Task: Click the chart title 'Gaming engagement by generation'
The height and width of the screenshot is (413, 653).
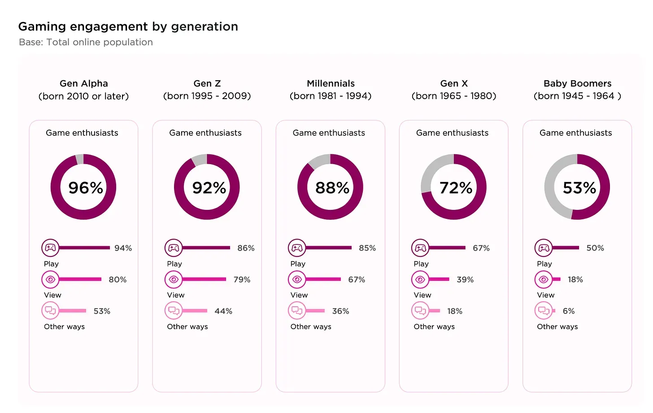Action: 128,27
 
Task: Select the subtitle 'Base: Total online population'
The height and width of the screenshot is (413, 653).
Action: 86,42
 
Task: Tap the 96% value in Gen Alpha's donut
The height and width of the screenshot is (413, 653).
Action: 85,187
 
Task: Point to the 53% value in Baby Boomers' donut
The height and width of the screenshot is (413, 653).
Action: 579,187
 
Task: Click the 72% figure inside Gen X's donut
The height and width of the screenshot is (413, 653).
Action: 456,187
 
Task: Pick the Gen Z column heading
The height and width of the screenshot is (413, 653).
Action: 207,84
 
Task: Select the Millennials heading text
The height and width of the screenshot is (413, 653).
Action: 331,84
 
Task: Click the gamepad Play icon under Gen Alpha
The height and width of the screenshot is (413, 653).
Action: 50,248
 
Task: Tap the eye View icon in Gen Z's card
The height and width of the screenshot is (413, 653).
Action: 174,279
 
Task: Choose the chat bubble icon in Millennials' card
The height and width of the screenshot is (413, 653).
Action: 297,310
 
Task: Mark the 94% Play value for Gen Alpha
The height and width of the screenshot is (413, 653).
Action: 123,248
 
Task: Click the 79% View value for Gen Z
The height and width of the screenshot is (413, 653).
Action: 242,279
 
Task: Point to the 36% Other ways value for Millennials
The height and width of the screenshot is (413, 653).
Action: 340,311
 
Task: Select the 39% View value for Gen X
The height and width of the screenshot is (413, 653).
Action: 465,279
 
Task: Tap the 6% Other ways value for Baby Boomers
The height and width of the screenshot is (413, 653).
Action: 568,311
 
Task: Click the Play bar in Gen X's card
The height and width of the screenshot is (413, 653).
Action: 447,248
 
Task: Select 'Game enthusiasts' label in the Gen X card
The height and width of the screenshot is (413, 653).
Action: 452,133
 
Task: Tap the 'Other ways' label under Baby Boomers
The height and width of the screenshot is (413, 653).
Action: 557,326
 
